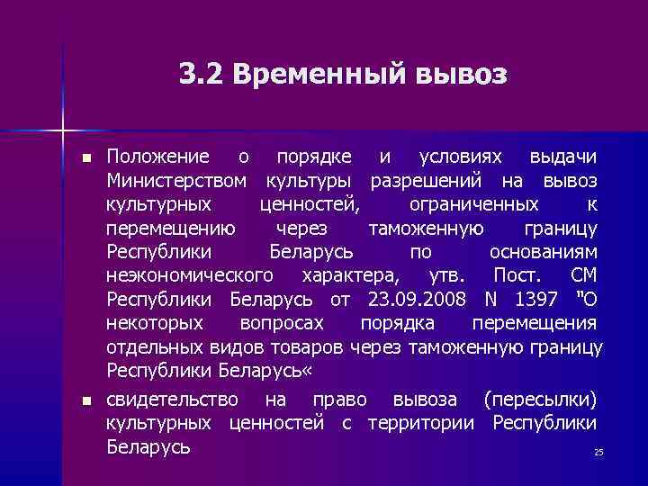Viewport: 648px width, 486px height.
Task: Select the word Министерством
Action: (176, 181)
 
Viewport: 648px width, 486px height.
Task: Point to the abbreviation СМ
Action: (583, 274)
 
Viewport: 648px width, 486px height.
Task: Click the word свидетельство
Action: (173, 399)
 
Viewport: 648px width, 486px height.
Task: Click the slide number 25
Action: (598, 452)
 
